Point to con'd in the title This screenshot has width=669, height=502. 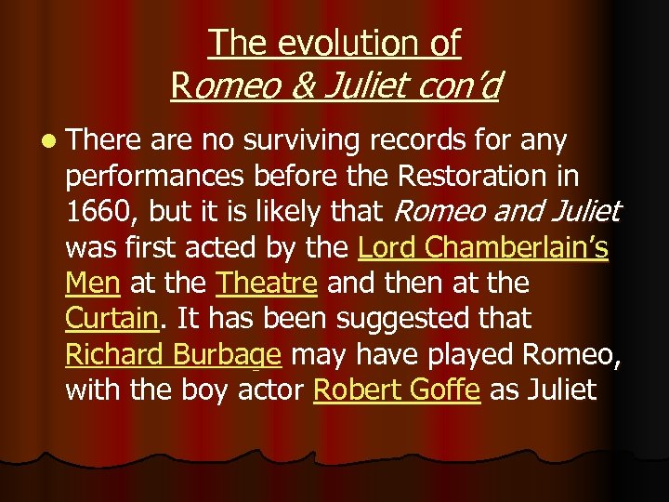pos(456,86)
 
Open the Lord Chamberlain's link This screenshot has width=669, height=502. pos(483,248)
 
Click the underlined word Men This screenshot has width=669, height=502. pos(93,284)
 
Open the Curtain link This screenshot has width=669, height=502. pos(110,319)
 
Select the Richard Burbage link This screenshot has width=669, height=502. pos(173,354)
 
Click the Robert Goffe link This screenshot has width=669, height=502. pos(397,390)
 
